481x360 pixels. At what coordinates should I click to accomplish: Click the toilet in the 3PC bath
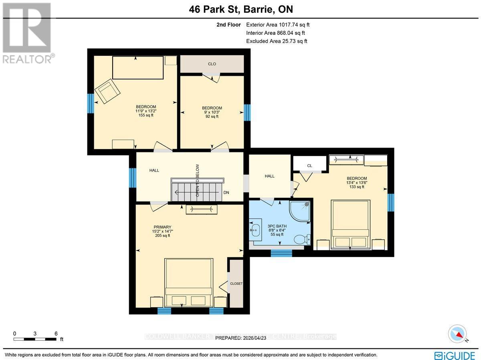301,239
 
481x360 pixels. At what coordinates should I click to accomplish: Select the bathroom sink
255,230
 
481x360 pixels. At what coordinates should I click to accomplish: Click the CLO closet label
212,64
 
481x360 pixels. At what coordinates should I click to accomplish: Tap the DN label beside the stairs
226,192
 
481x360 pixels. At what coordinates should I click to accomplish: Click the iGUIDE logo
455,355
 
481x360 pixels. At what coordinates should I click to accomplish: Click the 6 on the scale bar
56,334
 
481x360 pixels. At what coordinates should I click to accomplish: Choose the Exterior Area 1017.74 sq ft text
278,25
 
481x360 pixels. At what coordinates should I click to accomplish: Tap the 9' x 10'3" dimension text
212,112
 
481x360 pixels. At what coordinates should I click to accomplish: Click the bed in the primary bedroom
189,283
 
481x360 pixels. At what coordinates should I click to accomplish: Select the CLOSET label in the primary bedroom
236,283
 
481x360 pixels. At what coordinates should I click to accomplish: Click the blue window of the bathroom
281,253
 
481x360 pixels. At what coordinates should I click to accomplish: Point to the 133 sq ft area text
356,187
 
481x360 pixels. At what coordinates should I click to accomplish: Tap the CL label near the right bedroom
309,165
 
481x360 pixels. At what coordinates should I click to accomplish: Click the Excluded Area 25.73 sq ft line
277,41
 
